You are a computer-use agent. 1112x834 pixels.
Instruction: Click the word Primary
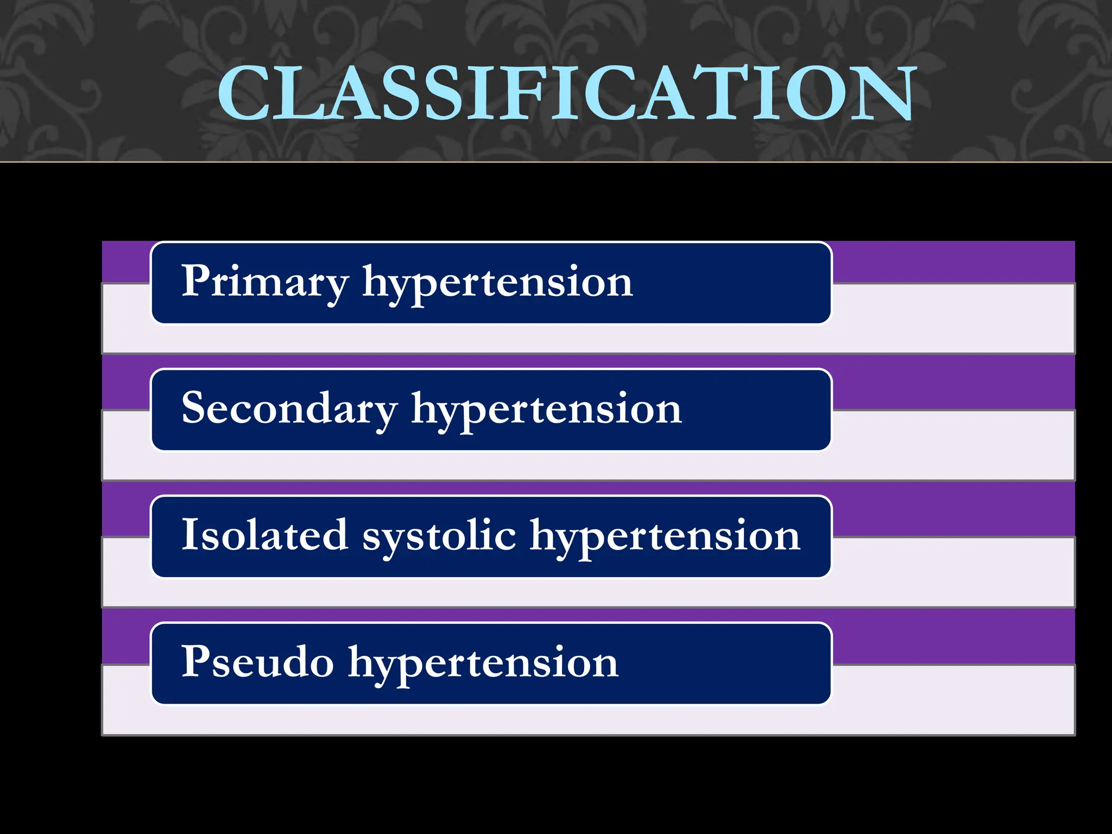click(x=264, y=282)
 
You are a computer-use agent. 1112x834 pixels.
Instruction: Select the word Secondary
click(x=289, y=409)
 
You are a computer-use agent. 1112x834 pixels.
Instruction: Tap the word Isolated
click(x=264, y=535)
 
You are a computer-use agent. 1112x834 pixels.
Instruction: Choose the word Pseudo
click(x=257, y=662)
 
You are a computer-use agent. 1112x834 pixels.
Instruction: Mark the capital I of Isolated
click(x=188, y=534)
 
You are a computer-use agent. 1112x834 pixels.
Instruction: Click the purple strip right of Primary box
click(x=953, y=262)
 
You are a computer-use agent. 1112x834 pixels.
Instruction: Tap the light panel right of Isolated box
click(x=953, y=571)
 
